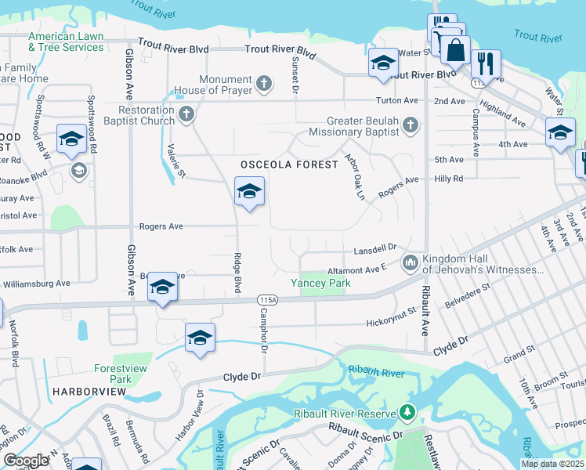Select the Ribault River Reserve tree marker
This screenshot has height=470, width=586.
(x=407, y=411)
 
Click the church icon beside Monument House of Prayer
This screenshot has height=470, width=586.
(x=265, y=82)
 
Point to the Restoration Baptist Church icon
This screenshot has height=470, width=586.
(x=186, y=115)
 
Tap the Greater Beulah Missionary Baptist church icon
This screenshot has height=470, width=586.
(x=410, y=125)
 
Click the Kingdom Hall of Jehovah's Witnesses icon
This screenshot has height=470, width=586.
(x=410, y=263)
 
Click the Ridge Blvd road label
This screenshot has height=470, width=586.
(x=237, y=272)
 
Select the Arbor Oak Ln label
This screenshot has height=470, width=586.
(x=356, y=176)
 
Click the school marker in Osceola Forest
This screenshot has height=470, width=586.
(x=249, y=191)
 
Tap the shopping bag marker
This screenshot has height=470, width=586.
(x=455, y=51)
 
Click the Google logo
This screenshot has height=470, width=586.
(x=26, y=461)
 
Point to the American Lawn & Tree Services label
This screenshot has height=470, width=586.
(x=66, y=42)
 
